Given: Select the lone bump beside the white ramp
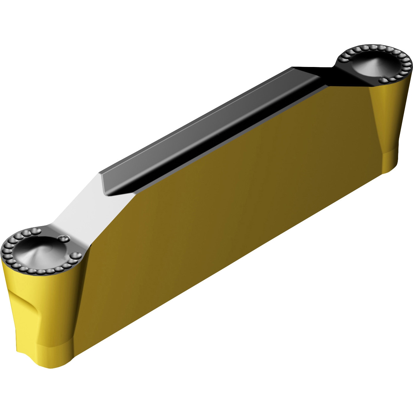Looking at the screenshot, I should tap(64, 239).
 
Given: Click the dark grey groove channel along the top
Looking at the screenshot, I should tap(205, 129).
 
